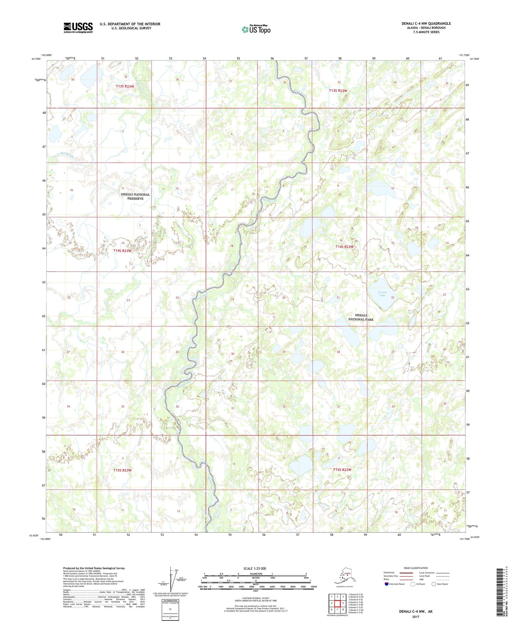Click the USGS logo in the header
tap(78, 28)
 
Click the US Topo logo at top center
tap(256, 29)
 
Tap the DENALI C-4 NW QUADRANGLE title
tap(426, 24)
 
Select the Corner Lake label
tap(382, 294)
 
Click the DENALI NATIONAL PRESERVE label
tap(135, 197)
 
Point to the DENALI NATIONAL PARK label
tap(361, 317)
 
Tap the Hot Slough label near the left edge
tap(67, 155)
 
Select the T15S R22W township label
tap(342, 470)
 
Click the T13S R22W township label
tap(338, 91)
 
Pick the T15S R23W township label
tap(122, 470)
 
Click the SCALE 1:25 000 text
tap(255, 568)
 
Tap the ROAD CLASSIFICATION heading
tap(416, 568)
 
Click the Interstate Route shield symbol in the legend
tap(387, 584)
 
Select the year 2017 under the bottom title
tap(415, 616)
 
